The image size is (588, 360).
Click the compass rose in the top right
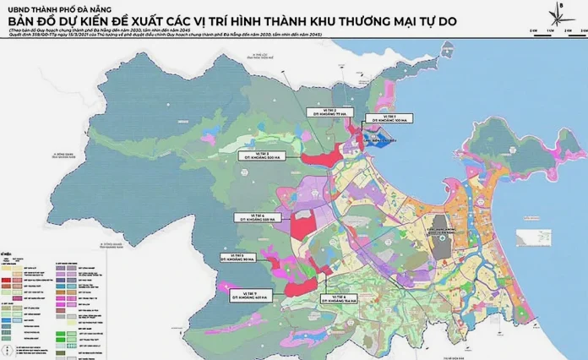pos(558,18)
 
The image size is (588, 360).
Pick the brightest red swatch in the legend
pos(7,281)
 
